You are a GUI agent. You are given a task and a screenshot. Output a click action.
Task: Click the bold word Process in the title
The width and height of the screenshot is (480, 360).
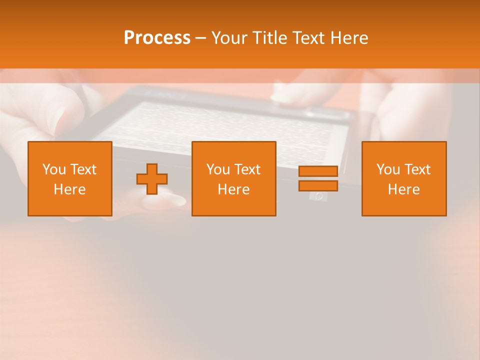(x=157, y=37)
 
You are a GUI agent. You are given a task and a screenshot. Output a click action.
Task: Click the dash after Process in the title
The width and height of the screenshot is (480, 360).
(x=201, y=38)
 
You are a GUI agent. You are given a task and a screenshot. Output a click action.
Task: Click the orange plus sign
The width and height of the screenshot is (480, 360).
(x=152, y=179)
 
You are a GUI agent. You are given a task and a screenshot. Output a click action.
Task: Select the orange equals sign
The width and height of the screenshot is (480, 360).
(x=318, y=178)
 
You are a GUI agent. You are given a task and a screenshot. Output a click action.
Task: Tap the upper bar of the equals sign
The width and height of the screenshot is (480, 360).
(x=318, y=171)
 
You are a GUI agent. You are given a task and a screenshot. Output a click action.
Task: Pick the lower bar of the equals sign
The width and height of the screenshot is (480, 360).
(x=318, y=185)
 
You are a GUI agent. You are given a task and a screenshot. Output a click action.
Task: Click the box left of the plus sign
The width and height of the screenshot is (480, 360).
(x=70, y=178)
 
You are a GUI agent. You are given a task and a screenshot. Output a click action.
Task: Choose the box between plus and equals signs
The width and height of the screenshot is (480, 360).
(x=233, y=178)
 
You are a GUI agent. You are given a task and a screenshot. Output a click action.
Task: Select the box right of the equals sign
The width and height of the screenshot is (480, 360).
(x=403, y=178)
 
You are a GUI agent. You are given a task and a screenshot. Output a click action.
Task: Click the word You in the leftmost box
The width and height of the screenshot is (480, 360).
(x=53, y=169)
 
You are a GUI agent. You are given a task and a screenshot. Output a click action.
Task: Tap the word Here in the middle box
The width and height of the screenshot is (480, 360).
(x=233, y=189)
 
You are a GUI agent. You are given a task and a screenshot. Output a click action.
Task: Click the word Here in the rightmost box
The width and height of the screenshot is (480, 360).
(x=403, y=189)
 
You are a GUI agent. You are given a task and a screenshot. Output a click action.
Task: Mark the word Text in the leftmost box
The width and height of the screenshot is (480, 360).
(x=83, y=169)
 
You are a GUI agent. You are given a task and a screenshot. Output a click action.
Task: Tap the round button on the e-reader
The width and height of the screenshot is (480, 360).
(x=318, y=196)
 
